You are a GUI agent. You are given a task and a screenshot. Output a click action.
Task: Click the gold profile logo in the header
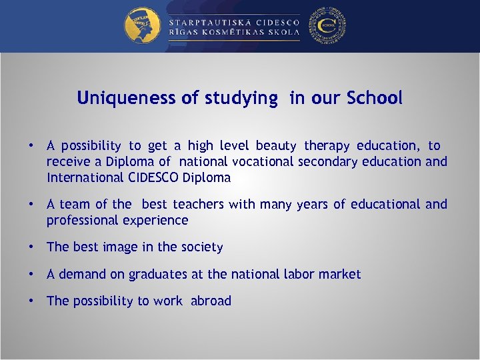tap(141, 25)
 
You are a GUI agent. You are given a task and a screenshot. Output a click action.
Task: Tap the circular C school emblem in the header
tap(328, 25)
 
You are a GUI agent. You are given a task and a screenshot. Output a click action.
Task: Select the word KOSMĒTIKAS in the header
tap(235, 33)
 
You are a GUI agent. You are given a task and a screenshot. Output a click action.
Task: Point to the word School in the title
tap(375, 98)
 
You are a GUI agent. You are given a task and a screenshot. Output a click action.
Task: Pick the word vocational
tap(262, 161)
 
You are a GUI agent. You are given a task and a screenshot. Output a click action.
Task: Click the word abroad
tap(211, 301)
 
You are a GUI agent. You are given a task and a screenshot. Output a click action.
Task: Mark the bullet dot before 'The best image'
tap(31, 247)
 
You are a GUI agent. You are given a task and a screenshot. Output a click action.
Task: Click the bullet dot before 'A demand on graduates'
tap(31, 274)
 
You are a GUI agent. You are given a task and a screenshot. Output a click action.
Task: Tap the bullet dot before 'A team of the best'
tap(31, 204)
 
